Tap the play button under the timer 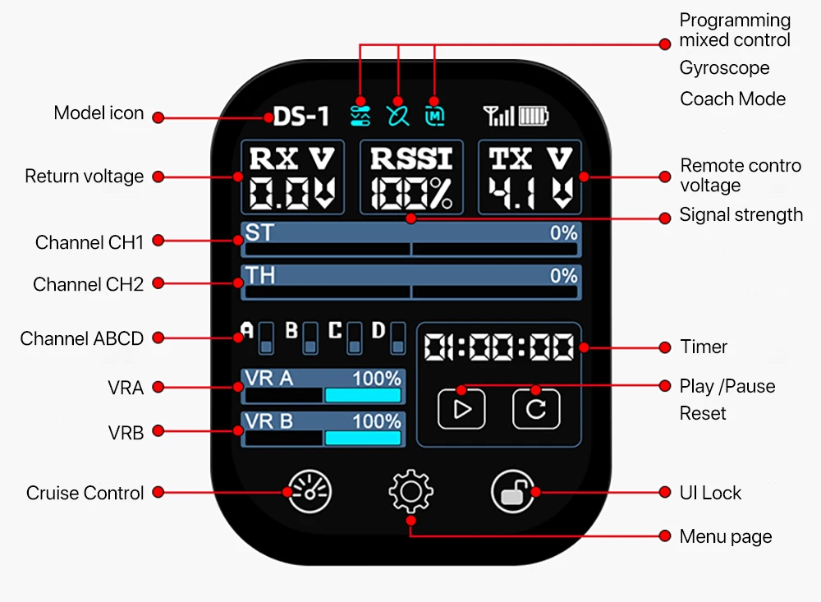point(461,408)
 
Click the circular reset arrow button point(536,408)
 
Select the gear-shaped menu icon point(410,493)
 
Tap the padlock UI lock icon point(514,493)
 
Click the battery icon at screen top point(534,116)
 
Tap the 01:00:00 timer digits point(499,347)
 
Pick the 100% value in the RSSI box point(411,193)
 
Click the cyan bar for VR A point(362,395)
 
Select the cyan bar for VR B point(362,437)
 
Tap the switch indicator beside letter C point(355,338)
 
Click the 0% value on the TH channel point(563,276)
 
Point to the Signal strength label point(741,215)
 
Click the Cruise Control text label point(85,493)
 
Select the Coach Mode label point(732,99)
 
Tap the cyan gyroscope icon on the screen point(397,115)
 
